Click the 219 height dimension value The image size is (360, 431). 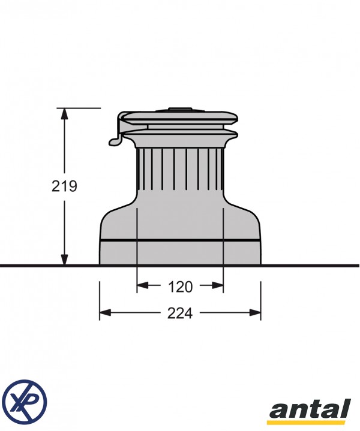point(64,186)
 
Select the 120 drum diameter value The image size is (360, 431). point(180,287)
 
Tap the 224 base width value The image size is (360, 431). point(180,313)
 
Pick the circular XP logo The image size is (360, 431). point(25,399)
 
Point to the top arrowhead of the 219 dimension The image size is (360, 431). point(64,113)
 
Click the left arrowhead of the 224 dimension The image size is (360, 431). point(104,312)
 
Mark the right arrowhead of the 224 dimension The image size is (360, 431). point(256,312)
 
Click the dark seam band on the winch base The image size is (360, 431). point(180,240)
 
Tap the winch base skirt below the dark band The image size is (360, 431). point(180,252)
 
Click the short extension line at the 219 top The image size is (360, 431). point(84,108)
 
